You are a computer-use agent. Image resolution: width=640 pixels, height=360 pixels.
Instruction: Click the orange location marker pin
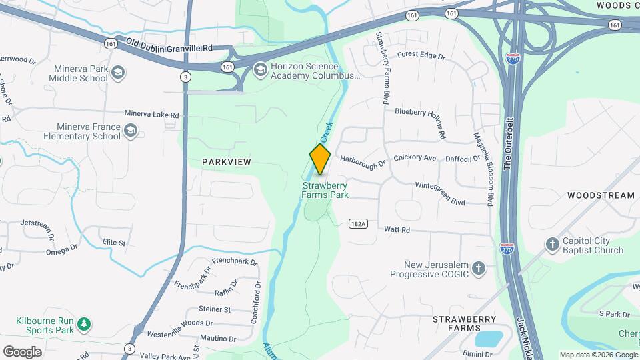click(x=320, y=159)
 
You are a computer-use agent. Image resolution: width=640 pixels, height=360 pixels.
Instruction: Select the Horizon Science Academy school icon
click(x=260, y=67)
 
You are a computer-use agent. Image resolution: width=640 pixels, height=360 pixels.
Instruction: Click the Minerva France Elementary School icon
click(x=131, y=131)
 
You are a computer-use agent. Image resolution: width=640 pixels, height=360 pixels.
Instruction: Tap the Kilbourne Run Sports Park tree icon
click(x=83, y=324)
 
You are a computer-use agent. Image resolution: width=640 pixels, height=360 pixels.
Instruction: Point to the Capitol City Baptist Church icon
click(x=552, y=245)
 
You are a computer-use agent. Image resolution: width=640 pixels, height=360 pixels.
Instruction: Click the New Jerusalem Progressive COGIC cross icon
click(x=478, y=269)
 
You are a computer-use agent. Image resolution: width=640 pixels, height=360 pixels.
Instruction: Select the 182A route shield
click(x=358, y=224)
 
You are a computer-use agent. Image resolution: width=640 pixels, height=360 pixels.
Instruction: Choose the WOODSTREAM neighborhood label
click(x=601, y=195)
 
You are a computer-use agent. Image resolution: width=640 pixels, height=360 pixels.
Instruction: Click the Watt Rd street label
click(x=397, y=229)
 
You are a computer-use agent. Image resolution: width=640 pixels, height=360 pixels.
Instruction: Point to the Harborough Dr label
click(x=363, y=161)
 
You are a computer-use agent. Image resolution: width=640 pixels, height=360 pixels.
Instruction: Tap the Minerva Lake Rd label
click(x=151, y=115)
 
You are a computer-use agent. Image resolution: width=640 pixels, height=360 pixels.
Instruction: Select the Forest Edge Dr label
click(x=421, y=57)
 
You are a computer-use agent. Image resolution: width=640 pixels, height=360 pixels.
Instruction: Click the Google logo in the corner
click(x=22, y=352)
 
